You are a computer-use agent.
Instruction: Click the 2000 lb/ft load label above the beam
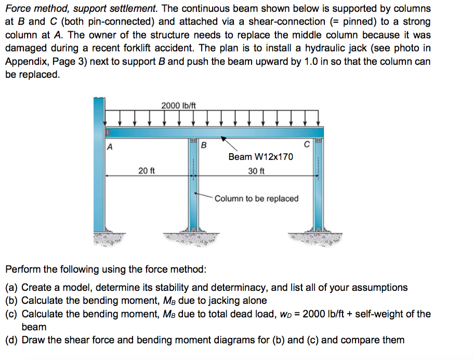click(178, 105)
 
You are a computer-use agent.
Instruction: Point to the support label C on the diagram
click(307, 144)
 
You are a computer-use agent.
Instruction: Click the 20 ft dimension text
click(147, 170)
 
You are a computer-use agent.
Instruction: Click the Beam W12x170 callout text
click(260, 156)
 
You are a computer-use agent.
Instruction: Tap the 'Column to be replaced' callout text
click(256, 198)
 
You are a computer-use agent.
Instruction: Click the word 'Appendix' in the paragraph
click(25, 61)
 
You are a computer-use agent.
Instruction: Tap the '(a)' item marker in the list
click(12, 287)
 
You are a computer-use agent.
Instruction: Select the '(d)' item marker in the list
click(12, 340)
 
